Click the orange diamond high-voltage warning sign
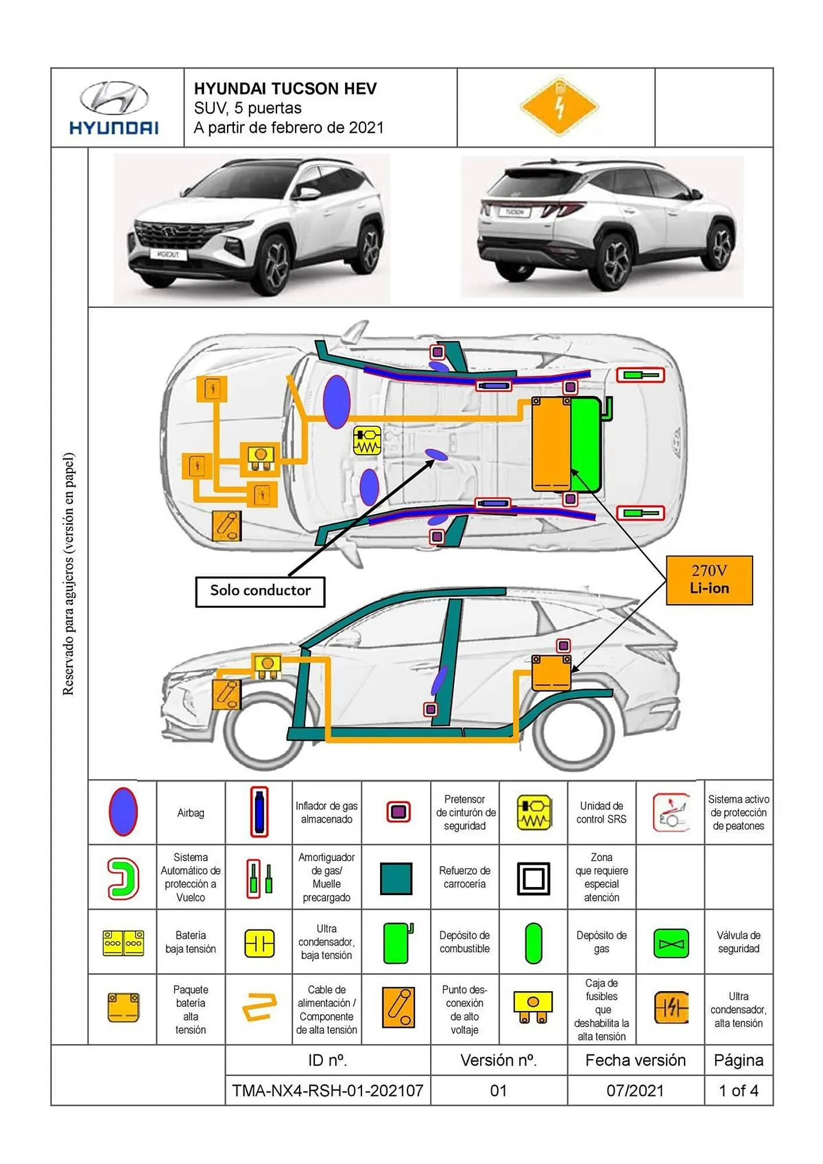(559, 107)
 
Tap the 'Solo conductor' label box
(260, 591)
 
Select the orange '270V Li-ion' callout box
(709, 580)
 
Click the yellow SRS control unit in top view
(367, 441)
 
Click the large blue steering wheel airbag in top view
(336, 402)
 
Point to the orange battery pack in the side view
(551, 672)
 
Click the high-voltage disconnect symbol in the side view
(227, 694)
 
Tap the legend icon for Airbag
(123, 812)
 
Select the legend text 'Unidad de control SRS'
(601, 812)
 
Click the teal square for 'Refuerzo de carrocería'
(396, 878)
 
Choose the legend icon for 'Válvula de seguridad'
(671, 943)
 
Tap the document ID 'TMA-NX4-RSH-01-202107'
(327, 1090)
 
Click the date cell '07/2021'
(635, 1090)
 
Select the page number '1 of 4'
(738, 1090)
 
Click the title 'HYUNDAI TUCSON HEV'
(285, 88)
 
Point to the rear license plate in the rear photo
(514, 212)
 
